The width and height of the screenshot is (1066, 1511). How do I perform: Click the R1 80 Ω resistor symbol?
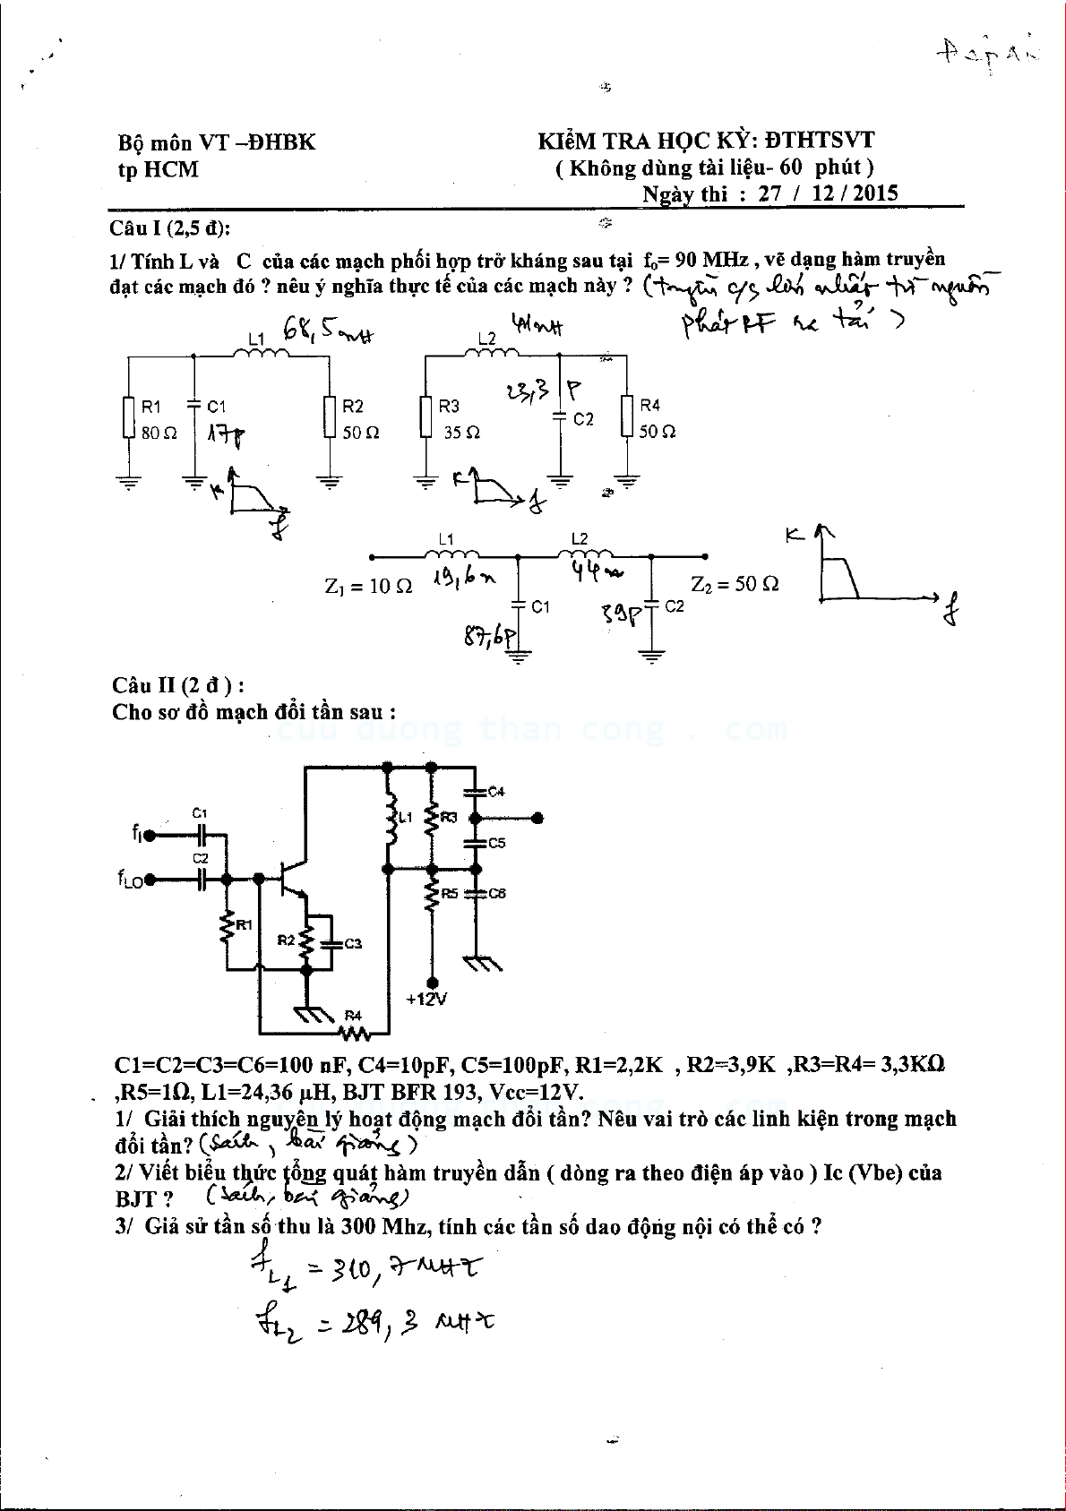click(x=129, y=417)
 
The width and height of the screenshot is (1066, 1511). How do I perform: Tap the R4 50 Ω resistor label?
click(x=657, y=419)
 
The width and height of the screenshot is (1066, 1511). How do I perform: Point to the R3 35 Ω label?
click(x=460, y=419)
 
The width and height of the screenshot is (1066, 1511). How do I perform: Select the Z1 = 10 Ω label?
click(x=368, y=587)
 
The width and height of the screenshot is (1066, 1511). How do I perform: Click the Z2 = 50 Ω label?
click(x=735, y=584)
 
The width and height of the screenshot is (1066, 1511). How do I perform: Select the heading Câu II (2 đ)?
click(x=178, y=685)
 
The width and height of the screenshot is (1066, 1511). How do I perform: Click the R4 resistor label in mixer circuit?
click(x=353, y=1016)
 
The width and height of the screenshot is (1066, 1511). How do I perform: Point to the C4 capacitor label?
click(x=495, y=792)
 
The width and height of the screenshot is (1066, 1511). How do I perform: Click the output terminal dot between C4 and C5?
click(x=537, y=818)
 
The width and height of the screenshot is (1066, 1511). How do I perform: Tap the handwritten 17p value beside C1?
click(x=226, y=435)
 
